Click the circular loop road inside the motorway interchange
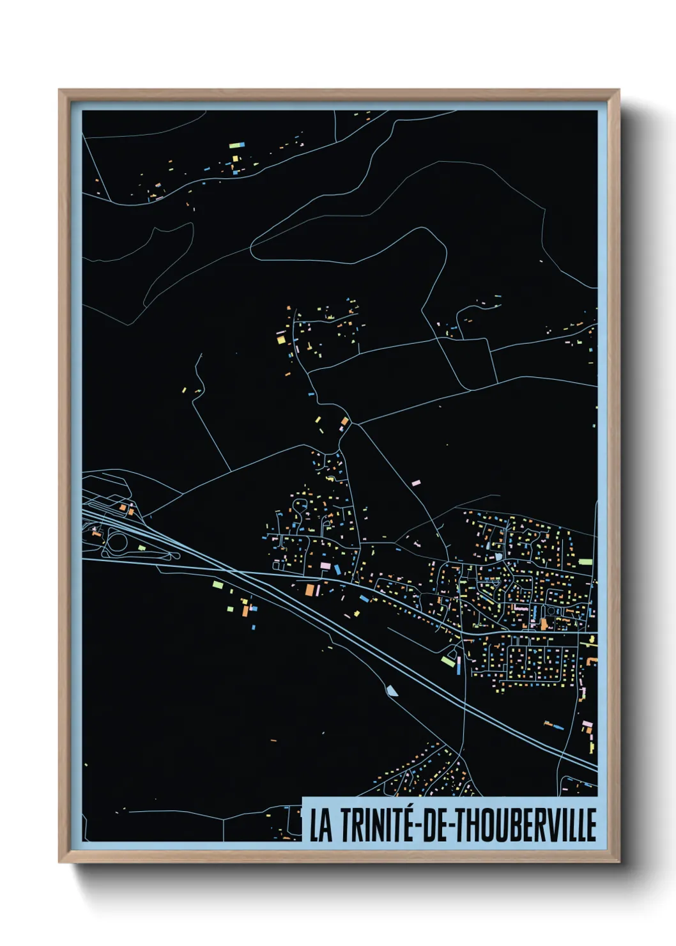tap(118, 543)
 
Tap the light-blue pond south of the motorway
tap(392, 690)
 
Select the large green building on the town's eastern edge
tap(585, 562)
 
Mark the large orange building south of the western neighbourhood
tap(311, 590)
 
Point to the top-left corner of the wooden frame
tap(59, 90)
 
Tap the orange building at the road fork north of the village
tap(345, 421)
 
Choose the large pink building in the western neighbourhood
tap(325, 566)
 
